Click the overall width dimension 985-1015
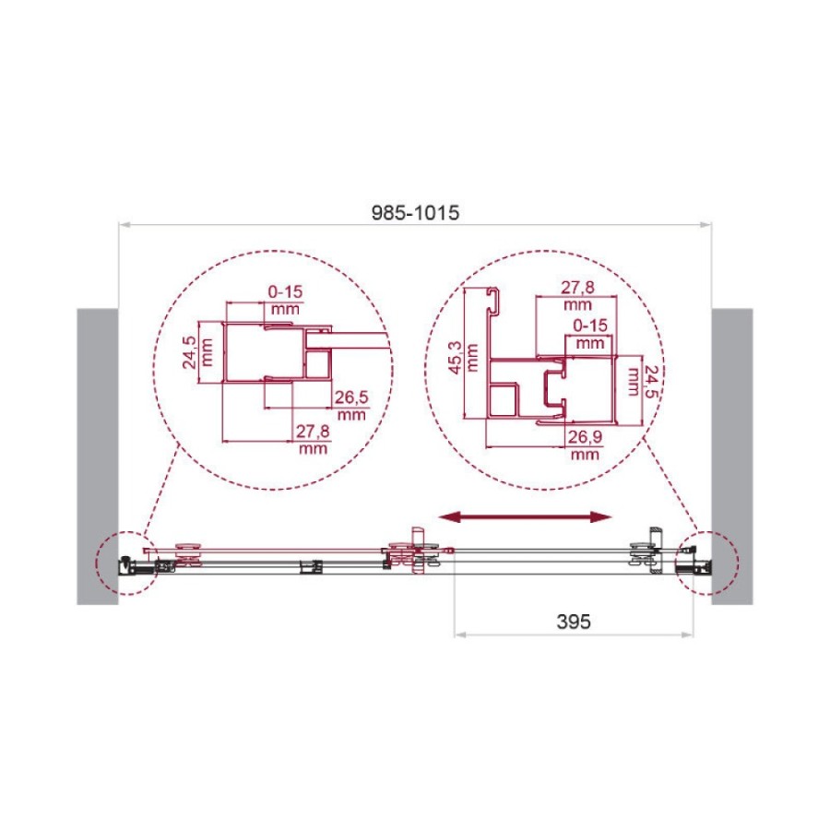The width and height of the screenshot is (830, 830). coord(415,213)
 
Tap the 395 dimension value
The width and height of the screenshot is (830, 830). coord(574,622)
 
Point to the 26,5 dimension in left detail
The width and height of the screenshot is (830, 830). coord(351,397)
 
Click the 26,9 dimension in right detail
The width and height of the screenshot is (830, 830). coord(585,437)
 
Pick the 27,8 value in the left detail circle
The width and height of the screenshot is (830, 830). coord(313,432)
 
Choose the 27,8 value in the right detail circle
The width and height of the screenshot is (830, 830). coord(577,288)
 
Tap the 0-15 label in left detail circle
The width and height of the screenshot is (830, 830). coord(285,291)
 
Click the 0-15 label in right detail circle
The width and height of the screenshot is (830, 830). coord(590,325)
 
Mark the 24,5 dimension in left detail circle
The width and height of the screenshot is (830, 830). coord(189,352)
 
